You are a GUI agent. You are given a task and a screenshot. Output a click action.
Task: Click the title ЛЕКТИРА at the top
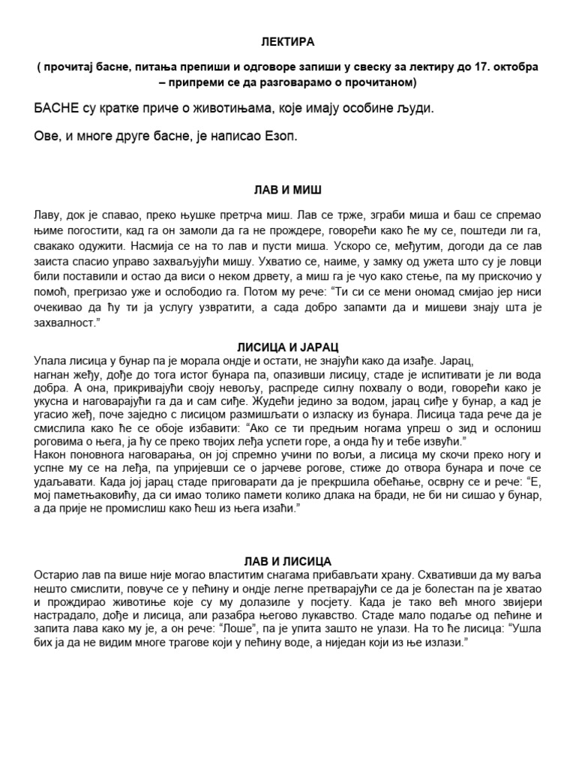click(x=288, y=42)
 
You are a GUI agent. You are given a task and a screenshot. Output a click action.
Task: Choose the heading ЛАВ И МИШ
click(x=288, y=190)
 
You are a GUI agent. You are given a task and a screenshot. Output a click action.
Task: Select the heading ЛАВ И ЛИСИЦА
click(x=288, y=561)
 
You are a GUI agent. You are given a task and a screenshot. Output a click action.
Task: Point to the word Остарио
click(x=55, y=574)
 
